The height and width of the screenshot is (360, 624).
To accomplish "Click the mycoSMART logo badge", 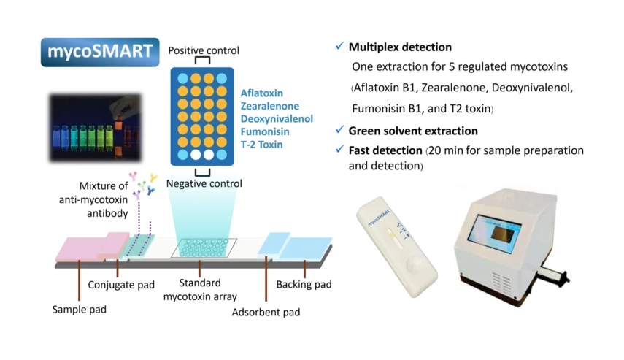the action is click(x=100, y=52).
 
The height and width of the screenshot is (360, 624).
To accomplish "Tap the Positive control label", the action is click(x=204, y=50).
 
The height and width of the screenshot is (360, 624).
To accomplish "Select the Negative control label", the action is click(x=204, y=183).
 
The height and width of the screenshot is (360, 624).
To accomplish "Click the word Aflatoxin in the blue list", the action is click(x=261, y=93).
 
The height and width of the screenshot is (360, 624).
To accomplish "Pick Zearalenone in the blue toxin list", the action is click(x=270, y=106).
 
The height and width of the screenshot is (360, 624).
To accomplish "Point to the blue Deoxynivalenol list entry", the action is click(x=277, y=119).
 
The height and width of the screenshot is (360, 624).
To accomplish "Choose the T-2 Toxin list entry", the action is click(x=261, y=145).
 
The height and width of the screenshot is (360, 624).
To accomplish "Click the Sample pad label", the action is click(x=80, y=310).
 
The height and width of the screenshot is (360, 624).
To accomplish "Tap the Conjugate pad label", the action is click(x=121, y=285).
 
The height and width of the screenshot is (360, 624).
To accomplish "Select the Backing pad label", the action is click(x=304, y=284).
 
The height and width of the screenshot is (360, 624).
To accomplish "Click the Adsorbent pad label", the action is click(x=266, y=313).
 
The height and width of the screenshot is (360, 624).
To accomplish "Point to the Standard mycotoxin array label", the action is click(x=200, y=289).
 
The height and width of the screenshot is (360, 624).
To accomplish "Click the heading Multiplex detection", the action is click(x=400, y=47).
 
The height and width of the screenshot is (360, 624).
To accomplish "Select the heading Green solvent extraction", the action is click(x=413, y=131).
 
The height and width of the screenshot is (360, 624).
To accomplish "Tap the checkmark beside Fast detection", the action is click(x=339, y=150).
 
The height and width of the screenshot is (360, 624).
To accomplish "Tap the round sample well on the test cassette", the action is click(x=416, y=264).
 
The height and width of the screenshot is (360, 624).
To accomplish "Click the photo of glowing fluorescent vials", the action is click(x=95, y=128).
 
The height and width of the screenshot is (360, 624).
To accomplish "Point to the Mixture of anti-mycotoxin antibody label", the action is click(x=93, y=199).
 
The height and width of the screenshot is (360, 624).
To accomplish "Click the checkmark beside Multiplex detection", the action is click(x=339, y=46).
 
